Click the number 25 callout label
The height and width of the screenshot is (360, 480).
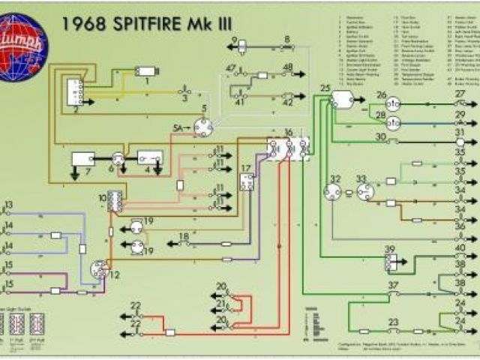(x=325, y=89)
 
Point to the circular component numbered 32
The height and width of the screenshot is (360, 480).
(x=333, y=192)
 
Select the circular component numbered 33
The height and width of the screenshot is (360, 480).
(x=365, y=192)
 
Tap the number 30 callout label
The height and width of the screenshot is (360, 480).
(x=380, y=136)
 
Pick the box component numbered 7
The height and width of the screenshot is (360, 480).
(x=82, y=158)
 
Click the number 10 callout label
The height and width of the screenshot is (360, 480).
(x=102, y=197)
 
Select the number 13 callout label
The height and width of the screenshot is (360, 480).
(x=8, y=204)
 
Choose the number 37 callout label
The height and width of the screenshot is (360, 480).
(x=392, y=285)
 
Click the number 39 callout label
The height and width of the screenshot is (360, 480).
(x=389, y=249)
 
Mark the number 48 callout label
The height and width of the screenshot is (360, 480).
(x=288, y=67)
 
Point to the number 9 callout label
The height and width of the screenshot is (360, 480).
(x=234, y=39)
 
